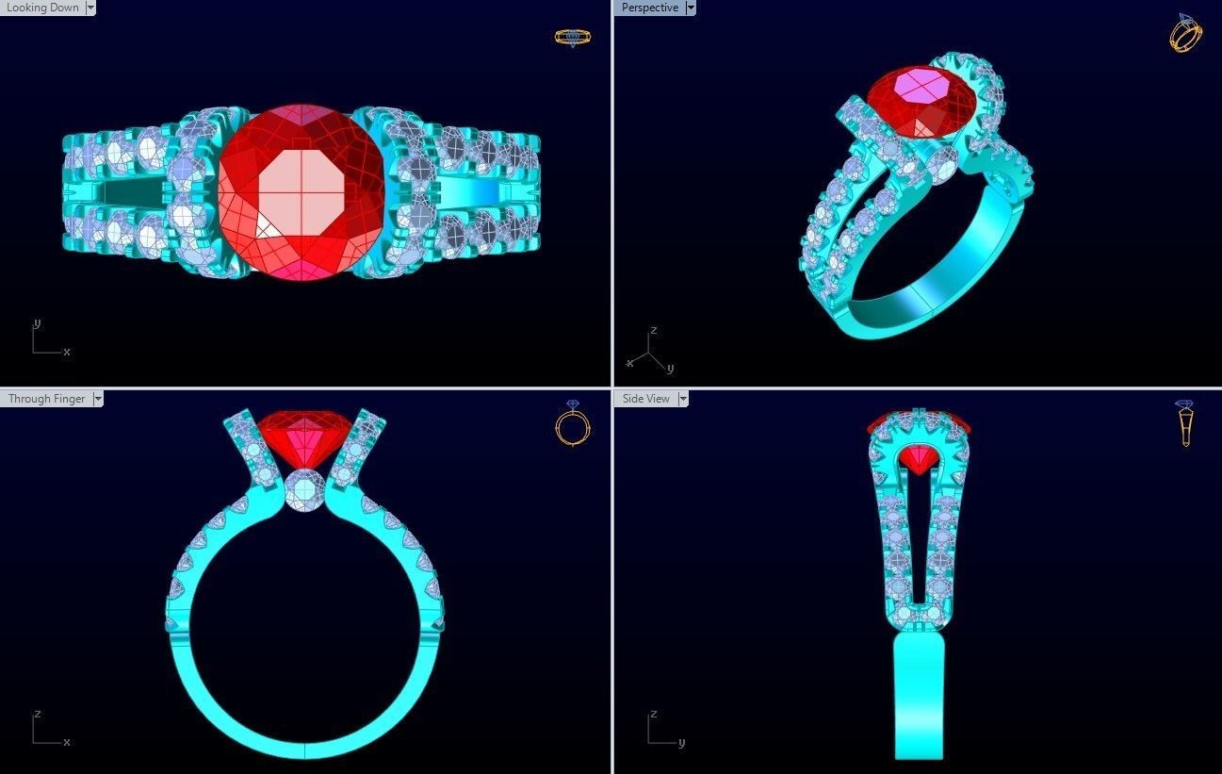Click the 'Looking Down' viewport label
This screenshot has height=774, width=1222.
point(42,8)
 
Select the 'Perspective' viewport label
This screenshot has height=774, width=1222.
point(649,8)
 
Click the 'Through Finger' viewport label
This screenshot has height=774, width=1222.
point(47,399)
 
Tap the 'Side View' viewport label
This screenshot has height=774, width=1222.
point(645,399)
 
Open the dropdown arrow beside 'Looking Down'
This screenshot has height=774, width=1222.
point(90,8)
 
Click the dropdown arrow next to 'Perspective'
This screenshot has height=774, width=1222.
point(691,8)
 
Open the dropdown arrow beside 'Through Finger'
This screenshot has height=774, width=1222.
point(98,399)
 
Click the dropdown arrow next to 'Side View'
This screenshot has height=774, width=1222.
point(683,399)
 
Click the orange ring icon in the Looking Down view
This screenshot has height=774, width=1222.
point(572,38)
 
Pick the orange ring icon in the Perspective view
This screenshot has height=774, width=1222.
point(1185,33)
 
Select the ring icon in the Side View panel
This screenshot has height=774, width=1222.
point(1185,423)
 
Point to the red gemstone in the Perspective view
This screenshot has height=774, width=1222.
point(911,99)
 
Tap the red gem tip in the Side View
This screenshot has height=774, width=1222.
point(919,461)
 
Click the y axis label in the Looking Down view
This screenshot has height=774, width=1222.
point(37,323)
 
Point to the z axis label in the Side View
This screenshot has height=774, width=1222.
point(652,715)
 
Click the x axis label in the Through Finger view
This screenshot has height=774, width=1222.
point(67,742)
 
